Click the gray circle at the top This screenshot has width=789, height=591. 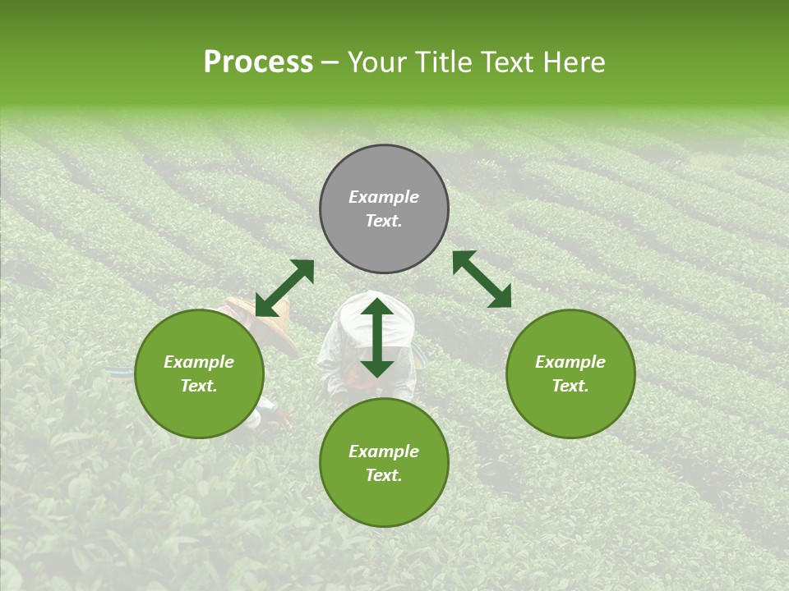(x=384, y=209)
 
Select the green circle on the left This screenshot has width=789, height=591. (x=199, y=373)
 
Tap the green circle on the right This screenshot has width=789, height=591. (x=570, y=373)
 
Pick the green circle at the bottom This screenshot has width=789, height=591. (x=384, y=463)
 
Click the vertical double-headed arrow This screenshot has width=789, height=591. (x=377, y=337)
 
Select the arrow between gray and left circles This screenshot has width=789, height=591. (x=284, y=288)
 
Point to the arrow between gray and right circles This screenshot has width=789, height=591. (x=482, y=279)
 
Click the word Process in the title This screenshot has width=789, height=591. (x=258, y=62)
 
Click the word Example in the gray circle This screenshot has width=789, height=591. (x=384, y=197)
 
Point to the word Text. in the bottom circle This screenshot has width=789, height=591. (x=384, y=475)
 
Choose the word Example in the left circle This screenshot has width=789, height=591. (x=199, y=362)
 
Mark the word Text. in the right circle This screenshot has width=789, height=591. (x=570, y=386)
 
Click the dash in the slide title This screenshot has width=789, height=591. (x=330, y=63)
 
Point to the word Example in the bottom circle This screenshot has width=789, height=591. (x=384, y=451)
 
